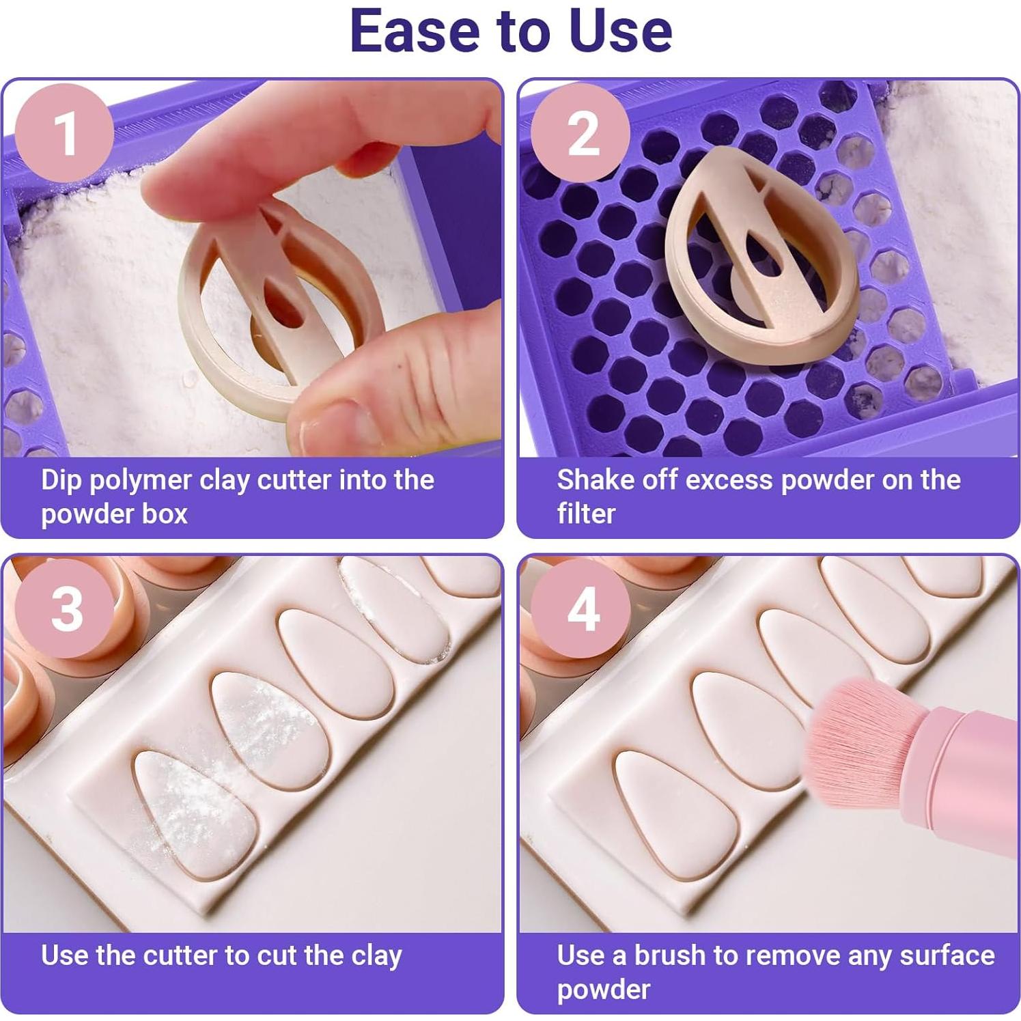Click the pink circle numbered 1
pyautogui.click(x=65, y=132)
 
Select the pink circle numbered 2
pyautogui.click(x=581, y=132)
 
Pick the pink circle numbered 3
pyautogui.click(x=65, y=608)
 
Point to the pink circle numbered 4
pyautogui.click(x=581, y=608)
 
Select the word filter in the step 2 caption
pyautogui.click(x=586, y=514)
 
